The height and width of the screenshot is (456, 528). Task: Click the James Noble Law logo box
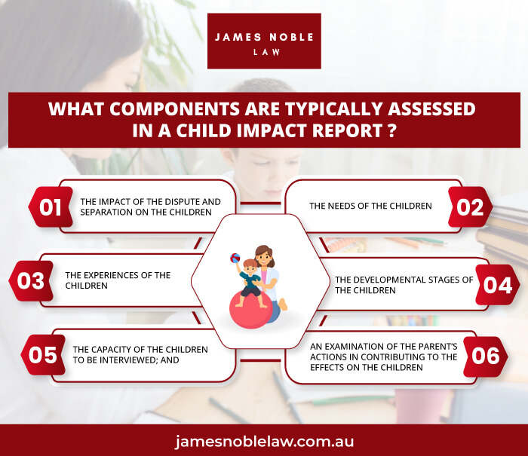tap(264, 41)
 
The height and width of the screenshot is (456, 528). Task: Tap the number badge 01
tap(51, 207)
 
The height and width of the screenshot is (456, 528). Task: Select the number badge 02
tap(470, 207)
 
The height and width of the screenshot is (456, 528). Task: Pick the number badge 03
tap(31, 280)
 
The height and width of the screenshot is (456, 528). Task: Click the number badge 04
tap(497, 285)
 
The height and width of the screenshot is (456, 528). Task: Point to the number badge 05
tap(43, 355)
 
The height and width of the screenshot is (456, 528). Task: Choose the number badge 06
tap(485, 357)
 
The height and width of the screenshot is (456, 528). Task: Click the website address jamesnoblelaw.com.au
tap(264, 441)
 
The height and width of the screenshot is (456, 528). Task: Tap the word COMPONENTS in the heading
tap(175, 109)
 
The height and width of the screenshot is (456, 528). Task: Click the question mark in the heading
tap(391, 130)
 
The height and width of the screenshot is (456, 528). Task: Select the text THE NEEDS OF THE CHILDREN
tap(370, 206)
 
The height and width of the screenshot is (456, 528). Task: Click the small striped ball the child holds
tap(235, 258)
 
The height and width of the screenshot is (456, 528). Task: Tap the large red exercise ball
tap(251, 311)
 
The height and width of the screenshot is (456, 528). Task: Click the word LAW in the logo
tap(267, 52)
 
